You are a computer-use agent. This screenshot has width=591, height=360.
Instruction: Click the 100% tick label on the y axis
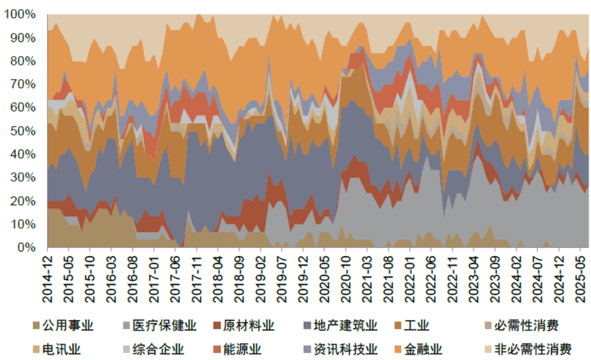20,15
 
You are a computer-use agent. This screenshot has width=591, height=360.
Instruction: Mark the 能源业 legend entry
242,350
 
